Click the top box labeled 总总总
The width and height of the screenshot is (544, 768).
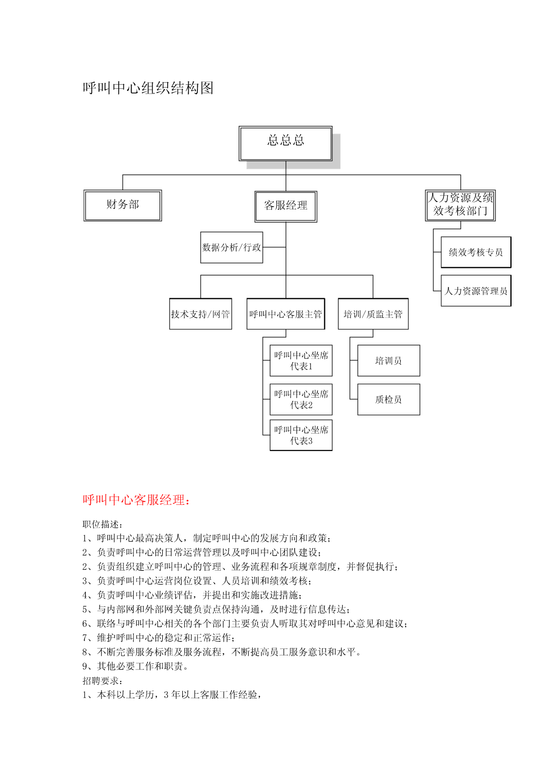tap(285, 143)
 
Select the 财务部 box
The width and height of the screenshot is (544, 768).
tap(122, 205)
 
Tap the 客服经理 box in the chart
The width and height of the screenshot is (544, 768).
tap(286, 207)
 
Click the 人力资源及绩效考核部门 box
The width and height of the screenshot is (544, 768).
tap(460, 205)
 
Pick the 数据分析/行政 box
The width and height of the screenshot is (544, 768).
tap(232, 247)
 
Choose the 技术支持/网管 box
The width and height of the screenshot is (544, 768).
tap(201, 314)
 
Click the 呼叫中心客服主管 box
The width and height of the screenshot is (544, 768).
tap(286, 314)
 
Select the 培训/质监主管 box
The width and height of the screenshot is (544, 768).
tap(373, 314)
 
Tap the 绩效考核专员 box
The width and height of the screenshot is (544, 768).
tap(476, 252)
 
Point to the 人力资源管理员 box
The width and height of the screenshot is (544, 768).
tap(476, 291)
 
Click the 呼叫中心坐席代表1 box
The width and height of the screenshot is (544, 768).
tap(301, 360)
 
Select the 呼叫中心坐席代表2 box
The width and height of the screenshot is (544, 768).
tap(301, 399)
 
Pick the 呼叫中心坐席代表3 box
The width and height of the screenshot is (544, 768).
tap(301, 435)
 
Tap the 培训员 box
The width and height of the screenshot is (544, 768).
tap(388, 360)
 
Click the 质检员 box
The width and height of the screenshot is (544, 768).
tap(388, 399)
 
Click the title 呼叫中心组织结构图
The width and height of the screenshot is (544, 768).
tap(148, 88)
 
